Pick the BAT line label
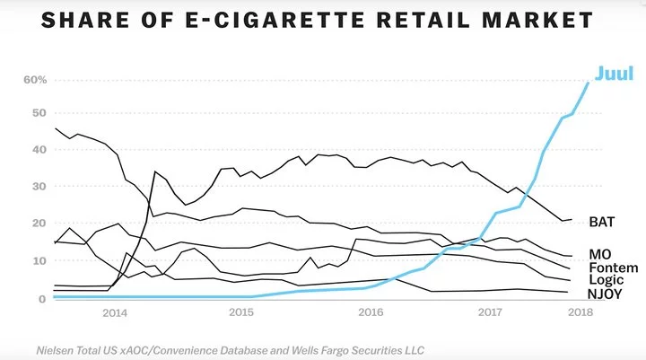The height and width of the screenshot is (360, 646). pyautogui.click(x=602, y=220)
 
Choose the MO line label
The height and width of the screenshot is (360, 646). pyautogui.click(x=599, y=255)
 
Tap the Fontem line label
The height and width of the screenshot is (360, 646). pyautogui.click(x=614, y=268)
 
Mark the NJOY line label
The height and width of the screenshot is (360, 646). pyautogui.click(x=606, y=294)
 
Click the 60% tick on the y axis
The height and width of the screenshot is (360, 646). pyautogui.click(x=34, y=80)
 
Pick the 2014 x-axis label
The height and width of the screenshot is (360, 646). pyautogui.click(x=114, y=312)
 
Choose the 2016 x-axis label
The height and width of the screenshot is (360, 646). pyautogui.click(x=371, y=312)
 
